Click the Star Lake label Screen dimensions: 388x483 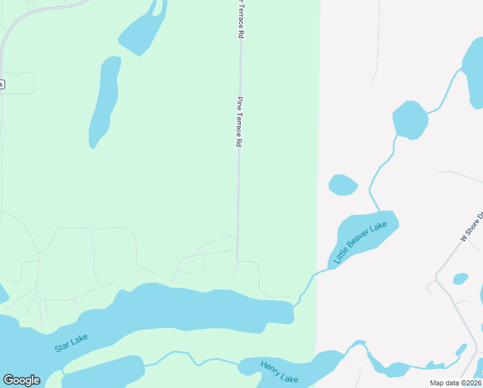[x=71, y=342]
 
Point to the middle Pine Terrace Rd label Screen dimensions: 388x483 [x=239, y=122]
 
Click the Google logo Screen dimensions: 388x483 [x=21, y=380]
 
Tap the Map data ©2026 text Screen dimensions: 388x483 [x=455, y=383]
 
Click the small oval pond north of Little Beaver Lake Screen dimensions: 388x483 [x=343, y=185]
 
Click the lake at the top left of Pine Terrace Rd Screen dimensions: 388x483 [x=142, y=29]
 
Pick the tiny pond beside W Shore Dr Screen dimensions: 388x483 [x=460, y=279]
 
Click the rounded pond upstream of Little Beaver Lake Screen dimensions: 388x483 [x=410, y=120]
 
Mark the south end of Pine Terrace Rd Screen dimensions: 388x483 [x=238, y=259]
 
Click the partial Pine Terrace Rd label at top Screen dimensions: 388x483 [x=240, y=19]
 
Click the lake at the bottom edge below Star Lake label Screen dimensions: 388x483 [x=103, y=372]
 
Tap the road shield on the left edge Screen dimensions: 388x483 [x=2, y=84]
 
